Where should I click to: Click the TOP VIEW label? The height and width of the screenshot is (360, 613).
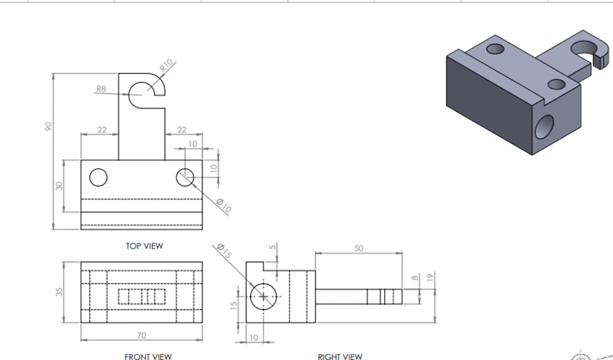tap(144, 246)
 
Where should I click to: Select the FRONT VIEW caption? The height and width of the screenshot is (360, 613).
tap(148, 356)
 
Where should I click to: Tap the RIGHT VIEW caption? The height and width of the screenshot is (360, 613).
tap(340, 356)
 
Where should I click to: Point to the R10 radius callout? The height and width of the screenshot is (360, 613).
tap(166, 65)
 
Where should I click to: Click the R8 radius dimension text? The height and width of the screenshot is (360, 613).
tap(101, 89)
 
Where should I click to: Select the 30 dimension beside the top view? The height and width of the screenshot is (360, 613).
tap(58, 186)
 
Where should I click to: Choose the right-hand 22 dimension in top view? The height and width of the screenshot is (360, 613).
tap(182, 130)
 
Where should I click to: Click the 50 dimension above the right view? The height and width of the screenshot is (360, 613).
tap(358, 248)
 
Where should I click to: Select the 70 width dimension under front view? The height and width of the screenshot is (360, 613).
tap(141, 336)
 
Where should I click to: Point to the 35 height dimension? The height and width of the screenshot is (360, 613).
tap(58, 292)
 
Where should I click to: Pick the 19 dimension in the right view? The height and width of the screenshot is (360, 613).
tap(429, 277)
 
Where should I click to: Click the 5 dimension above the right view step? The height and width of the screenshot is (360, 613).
tap(272, 248)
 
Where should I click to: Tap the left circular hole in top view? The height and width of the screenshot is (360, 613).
tap(98, 177)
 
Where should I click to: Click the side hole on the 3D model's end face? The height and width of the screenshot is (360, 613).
tap(544, 126)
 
